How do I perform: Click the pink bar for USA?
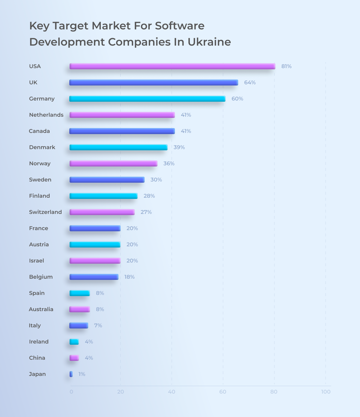coord(172,66)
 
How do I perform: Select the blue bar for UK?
coord(154,82)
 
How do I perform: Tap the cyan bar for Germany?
coord(147,99)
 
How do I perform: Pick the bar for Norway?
coord(113,163)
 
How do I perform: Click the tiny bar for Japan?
coord(71,374)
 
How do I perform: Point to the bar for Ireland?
coord(74,342)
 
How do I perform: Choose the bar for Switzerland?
coord(102,212)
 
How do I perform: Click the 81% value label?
coord(286,66)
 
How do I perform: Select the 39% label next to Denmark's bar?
coord(179,147)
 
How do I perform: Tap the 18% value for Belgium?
coord(129,277)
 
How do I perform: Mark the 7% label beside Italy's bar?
coord(98,325)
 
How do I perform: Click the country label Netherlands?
coord(46,115)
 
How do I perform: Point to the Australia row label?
coord(41,309)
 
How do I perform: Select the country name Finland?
coord(39,196)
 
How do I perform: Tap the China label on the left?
coord(37,358)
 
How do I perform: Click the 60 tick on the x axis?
coord(223,392)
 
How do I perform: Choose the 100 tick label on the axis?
coord(325,392)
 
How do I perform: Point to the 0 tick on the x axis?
coord(71,392)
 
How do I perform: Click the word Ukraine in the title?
coord(209,42)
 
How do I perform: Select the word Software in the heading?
coord(179,26)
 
